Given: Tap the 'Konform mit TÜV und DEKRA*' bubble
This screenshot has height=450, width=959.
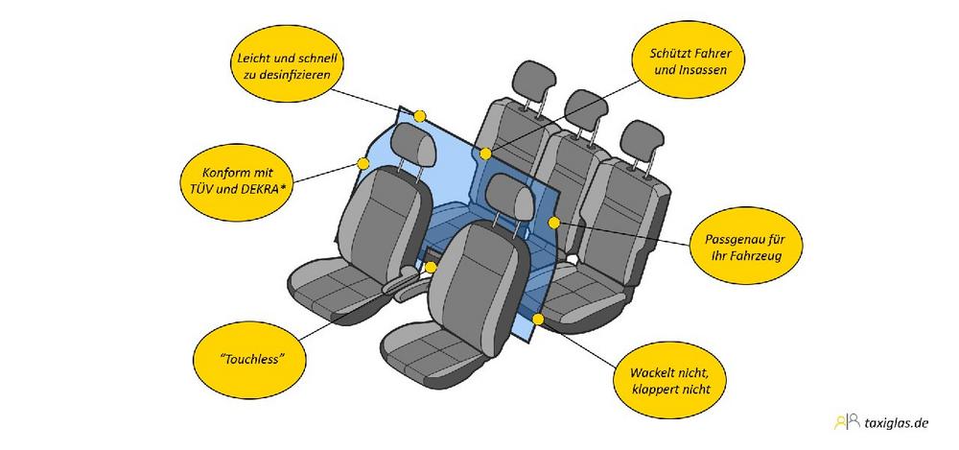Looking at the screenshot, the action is pos(236,181).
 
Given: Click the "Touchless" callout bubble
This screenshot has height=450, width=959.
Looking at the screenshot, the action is pos(249,359).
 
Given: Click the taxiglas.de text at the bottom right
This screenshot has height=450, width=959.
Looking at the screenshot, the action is pos(897,422).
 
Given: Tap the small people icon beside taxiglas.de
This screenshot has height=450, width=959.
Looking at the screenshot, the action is pos(847,422).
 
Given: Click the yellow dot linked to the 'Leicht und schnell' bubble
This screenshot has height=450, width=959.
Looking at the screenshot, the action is pos(420,116).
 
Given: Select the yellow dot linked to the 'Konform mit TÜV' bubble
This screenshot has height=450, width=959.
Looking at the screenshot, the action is pos(363,163).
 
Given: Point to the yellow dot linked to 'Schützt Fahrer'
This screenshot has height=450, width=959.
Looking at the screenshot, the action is pos(485,154).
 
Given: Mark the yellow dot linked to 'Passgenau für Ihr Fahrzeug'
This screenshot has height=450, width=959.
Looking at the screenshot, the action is pos(553,223).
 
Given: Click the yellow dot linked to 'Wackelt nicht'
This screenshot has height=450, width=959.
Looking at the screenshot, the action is pos(538,319).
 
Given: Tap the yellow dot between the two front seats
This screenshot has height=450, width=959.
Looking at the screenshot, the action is pos(431,267).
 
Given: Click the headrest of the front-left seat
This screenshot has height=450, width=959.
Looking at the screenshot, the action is pos(412,145).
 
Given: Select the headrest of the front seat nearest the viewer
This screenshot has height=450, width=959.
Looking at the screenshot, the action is pos(510,197).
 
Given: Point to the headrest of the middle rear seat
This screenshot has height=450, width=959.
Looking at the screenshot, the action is pos(585,109).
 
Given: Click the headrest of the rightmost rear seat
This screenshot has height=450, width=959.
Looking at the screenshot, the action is pos(642,141).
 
